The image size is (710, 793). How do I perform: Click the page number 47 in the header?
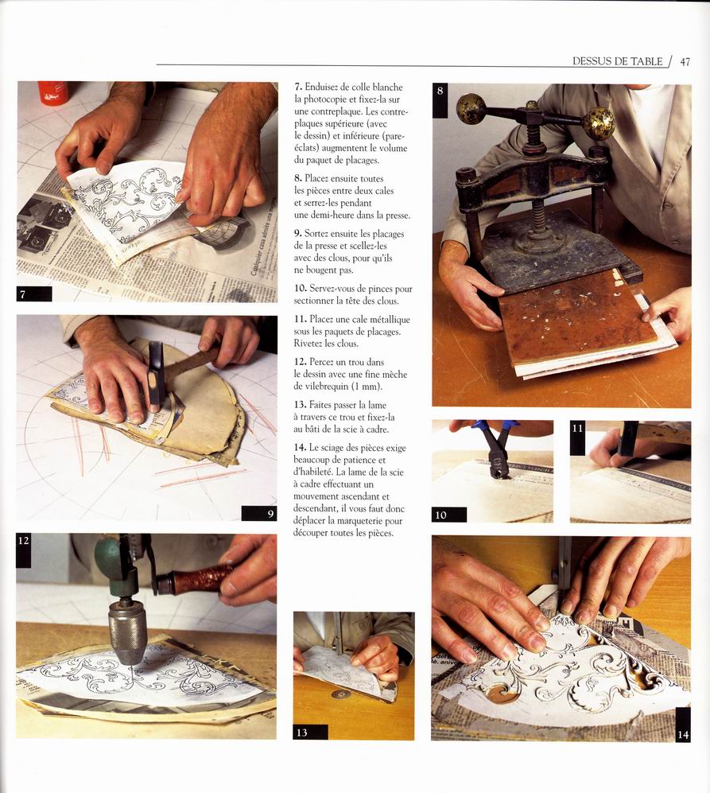[x=685, y=62]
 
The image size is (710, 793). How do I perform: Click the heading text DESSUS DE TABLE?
[x=617, y=61]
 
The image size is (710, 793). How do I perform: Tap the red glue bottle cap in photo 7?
[x=52, y=93]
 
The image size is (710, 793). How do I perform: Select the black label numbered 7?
[x=34, y=293]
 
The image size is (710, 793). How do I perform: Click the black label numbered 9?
[x=259, y=513]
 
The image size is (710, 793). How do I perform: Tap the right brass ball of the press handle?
[x=599, y=123]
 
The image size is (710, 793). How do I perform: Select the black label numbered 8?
[x=440, y=101]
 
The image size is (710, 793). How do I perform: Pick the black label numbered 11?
[x=577, y=438]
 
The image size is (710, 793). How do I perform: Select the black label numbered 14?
[x=683, y=725]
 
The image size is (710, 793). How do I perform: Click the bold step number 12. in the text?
[x=301, y=362]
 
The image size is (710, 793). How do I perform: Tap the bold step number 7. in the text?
[x=298, y=87]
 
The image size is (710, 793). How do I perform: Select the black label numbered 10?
[x=449, y=515]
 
